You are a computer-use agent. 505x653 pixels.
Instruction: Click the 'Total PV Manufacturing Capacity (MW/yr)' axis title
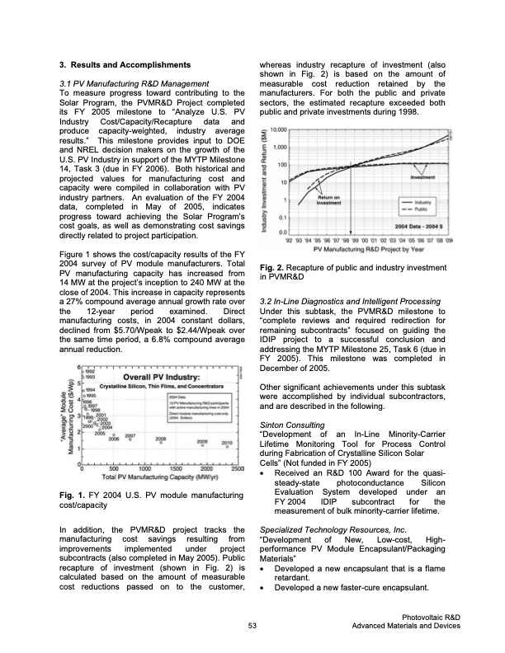157,478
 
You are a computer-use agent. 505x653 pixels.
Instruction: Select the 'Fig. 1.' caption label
73,495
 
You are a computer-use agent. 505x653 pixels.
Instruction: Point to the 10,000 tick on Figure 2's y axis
279,130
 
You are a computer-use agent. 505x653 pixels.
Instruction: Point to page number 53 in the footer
252,628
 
